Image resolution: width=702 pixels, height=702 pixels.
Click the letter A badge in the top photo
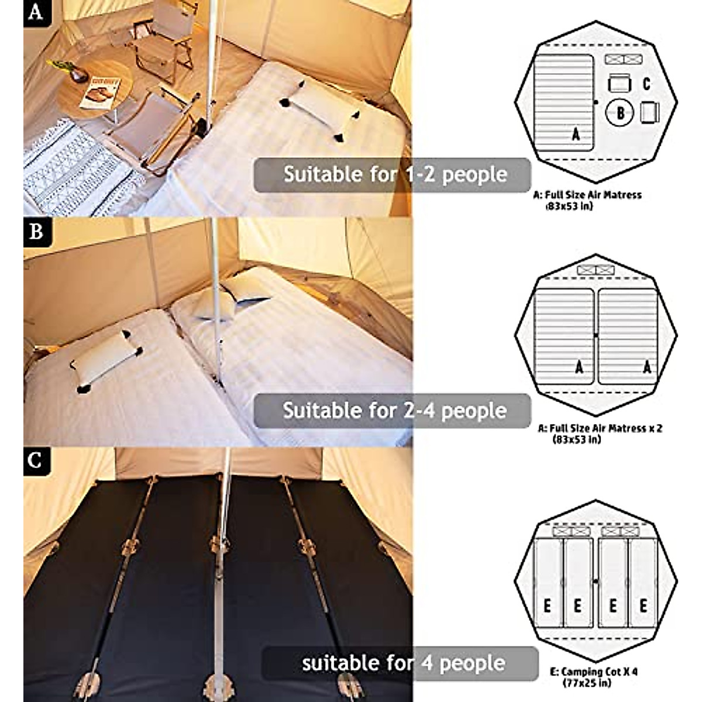coord(35,12)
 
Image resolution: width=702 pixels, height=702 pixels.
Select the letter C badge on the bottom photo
coord(35,460)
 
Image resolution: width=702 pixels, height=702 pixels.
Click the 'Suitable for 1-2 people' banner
coord(392,174)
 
